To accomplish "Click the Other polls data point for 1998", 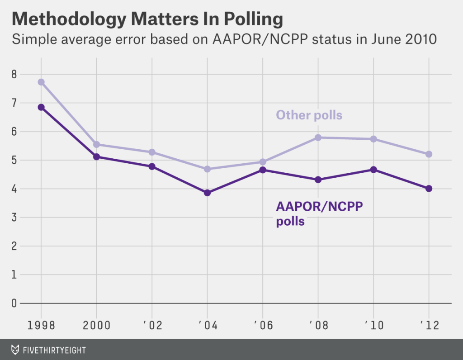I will click(x=41, y=82).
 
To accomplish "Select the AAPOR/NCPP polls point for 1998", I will click(x=41, y=107).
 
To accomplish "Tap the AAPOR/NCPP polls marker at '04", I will click(x=208, y=193).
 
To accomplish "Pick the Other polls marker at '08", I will click(x=318, y=137).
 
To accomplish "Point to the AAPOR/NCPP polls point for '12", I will click(x=429, y=189).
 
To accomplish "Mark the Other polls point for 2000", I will click(x=96, y=145).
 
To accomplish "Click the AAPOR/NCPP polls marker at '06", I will click(x=263, y=170).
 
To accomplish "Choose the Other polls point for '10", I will click(x=373, y=139).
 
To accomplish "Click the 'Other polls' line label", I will click(x=309, y=115).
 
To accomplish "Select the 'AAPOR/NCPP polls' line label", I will click(x=319, y=214).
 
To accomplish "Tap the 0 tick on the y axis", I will click(x=14, y=303).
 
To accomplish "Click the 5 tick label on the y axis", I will click(x=14, y=160).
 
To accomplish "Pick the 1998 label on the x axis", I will click(x=41, y=326).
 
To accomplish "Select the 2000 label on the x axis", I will click(x=96, y=326).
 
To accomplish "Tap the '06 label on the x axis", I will click(x=262, y=326).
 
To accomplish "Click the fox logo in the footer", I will click(x=15, y=350).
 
